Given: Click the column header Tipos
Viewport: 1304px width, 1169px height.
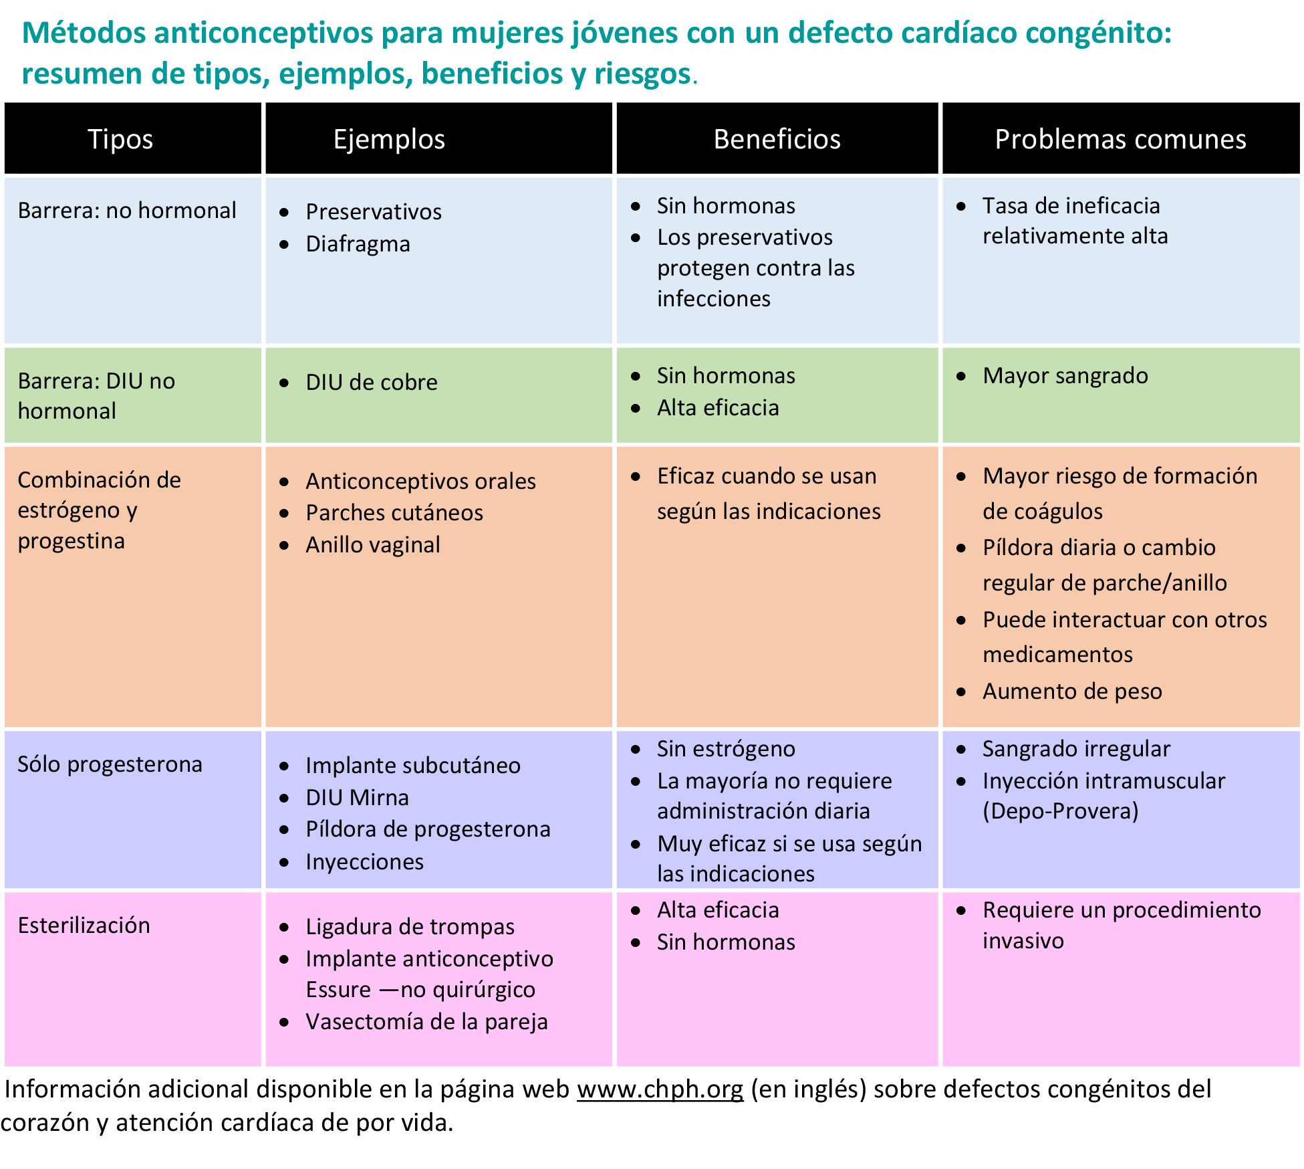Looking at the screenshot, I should tap(120, 139).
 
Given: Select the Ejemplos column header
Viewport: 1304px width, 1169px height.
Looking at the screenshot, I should tap(389, 139).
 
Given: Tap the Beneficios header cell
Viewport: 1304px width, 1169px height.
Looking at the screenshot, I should tap(777, 139).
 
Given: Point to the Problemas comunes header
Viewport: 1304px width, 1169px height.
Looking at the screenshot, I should tap(1120, 139).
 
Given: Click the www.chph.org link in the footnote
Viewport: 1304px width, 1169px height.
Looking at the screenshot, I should tap(660, 1089).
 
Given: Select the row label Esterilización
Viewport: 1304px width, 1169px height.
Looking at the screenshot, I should tap(84, 925).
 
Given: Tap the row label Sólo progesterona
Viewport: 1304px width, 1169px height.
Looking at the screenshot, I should tap(110, 764).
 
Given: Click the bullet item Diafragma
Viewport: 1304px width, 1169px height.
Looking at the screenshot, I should tap(358, 244).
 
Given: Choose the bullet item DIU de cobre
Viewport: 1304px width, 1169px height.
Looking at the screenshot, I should tap(372, 382).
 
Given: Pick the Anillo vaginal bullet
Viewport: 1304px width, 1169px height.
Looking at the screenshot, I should tap(373, 545).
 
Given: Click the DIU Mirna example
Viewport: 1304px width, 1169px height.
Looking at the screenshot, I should tap(357, 797).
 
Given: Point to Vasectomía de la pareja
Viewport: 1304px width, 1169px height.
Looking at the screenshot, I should tap(426, 1021).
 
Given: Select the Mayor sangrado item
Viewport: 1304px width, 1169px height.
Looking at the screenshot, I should tap(1065, 375).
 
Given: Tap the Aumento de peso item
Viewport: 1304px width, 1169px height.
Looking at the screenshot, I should tap(1072, 691).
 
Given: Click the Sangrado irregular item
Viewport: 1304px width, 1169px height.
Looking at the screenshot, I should tap(1076, 748).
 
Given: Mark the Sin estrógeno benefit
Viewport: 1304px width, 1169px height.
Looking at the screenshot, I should tap(726, 748).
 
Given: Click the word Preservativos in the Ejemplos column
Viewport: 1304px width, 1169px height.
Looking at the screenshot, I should tap(374, 211).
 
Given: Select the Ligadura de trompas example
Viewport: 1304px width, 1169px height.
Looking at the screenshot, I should tap(410, 926).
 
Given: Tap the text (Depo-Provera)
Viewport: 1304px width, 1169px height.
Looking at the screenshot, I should tap(1060, 811).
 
